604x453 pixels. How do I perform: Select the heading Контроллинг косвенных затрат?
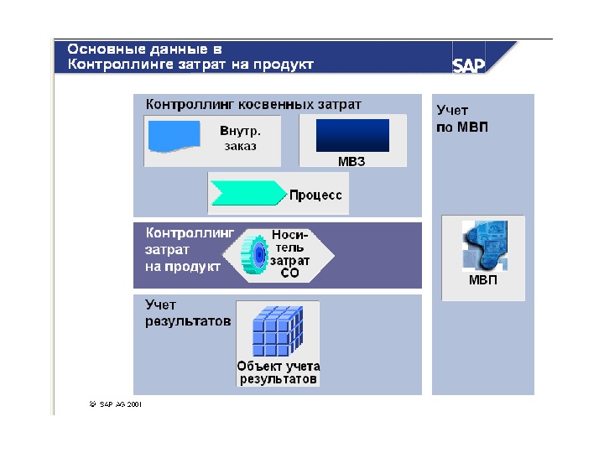pyautogui.click(x=253, y=105)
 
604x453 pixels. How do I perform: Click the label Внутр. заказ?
pyautogui.click(x=240, y=138)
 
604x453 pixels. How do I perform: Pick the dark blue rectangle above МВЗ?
pyautogui.click(x=352, y=135)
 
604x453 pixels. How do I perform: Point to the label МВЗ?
pyautogui.click(x=352, y=161)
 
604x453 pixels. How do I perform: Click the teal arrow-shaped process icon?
pyautogui.click(x=247, y=195)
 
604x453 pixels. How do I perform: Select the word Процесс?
pyautogui.click(x=315, y=195)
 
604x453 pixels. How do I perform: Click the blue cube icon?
pyautogui.click(x=278, y=331)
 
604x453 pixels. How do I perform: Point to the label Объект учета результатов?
pyautogui.click(x=279, y=372)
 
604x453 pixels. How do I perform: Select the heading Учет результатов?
pyautogui.click(x=187, y=313)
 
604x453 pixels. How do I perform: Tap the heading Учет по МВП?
pyautogui.click(x=462, y=119)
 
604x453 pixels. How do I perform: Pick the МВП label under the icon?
pyautogui.click(x=482, y=281)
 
